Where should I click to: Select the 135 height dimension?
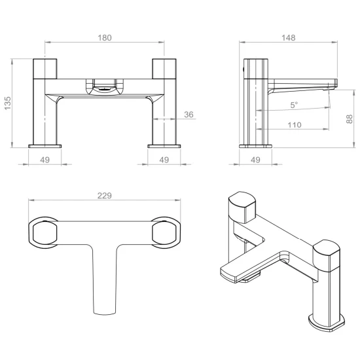[9, 103]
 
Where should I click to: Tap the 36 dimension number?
[189, 115]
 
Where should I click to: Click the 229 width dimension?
[105, 196]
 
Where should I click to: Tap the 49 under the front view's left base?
[46, 159]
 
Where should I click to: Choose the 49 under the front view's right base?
[164, 159]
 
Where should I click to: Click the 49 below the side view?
[256, 159]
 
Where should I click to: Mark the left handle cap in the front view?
[46, 68]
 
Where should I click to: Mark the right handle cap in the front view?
[164, 68]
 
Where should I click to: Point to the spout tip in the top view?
[105, 308]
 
